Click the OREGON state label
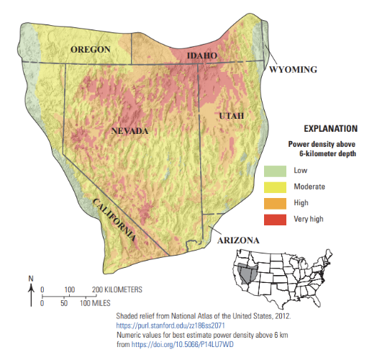(90, 49)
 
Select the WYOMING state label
(293, 69)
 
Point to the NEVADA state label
(130, 131)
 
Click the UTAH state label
(232, 116)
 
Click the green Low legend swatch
(275, 171)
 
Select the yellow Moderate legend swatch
(275, 187)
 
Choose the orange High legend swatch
(275, 203)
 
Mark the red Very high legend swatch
(275, 219)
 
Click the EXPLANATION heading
(330, 129)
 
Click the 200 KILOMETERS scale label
(118, 289)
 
